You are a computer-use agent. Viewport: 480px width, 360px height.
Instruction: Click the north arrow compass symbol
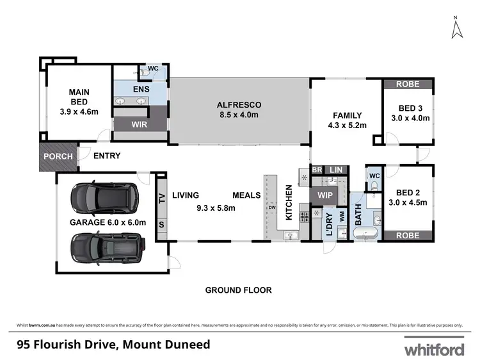(456, 28)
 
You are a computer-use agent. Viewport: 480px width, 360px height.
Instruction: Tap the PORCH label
(58, 156)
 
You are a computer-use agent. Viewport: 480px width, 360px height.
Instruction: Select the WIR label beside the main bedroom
(140, 124)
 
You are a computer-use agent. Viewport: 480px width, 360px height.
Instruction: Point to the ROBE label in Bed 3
(408, 84)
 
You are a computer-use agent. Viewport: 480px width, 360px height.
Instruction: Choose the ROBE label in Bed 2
(408, 236)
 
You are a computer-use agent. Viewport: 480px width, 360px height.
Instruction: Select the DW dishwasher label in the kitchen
(272, 208)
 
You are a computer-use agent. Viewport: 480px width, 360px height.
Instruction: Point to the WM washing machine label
(342, 217)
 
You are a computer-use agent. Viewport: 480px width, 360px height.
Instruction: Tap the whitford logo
(433, 349)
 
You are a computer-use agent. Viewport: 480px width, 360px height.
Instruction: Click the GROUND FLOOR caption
(238, 290)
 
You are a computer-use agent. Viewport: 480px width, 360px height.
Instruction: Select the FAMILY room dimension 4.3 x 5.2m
(346, 126)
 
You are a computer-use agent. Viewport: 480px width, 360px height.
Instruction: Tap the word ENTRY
(107, 156)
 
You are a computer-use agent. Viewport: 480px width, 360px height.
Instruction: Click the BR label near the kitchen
(317, 169)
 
